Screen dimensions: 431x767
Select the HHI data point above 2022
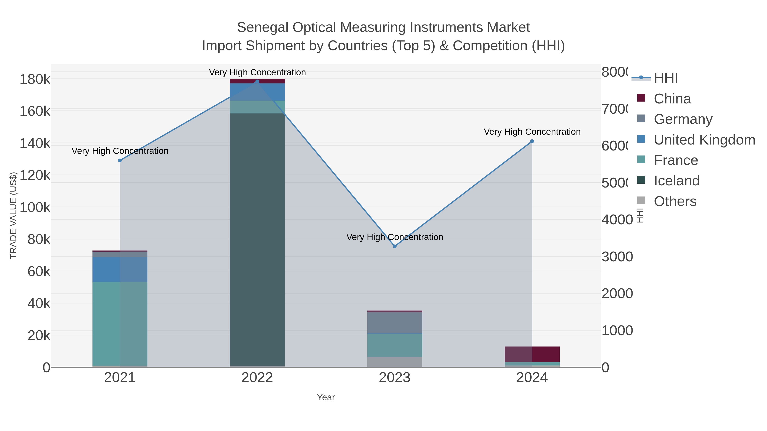click(257, 82)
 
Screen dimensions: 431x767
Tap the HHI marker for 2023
click(395, 246)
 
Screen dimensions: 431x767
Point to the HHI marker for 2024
click(532, 141)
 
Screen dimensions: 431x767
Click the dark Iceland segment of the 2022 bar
click(257, 238)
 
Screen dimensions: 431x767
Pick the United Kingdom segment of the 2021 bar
click(120, 269)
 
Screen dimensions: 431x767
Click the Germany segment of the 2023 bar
click(395, 323)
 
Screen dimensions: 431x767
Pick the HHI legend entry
click(666, 78)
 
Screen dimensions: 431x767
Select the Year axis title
click(326, 397)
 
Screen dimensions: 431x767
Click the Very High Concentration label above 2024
click(532, 132)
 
